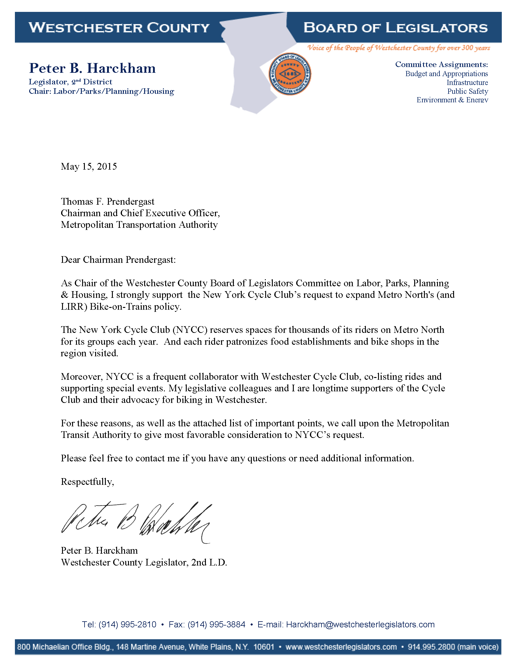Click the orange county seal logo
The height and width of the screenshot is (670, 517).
click(290, 74)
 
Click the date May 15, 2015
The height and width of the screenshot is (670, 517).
click(89, 166)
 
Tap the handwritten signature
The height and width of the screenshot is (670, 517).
click(136, 521)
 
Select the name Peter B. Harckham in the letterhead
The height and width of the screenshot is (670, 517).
click(92, 68)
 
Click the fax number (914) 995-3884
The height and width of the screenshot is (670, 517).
click(217, 624)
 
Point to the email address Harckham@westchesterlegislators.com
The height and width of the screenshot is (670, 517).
click(360, 624)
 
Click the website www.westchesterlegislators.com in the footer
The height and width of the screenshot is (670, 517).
click(341, 647)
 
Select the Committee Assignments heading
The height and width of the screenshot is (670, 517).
click(441, 65)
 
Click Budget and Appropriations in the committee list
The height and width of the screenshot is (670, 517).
click(446, 74)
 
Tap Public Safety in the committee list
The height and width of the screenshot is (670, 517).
click(467, 91)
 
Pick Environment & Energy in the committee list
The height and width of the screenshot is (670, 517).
click(452, 100)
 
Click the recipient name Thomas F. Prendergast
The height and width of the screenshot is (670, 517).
click(107, 202)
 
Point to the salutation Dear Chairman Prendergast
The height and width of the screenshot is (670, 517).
click(118, 260)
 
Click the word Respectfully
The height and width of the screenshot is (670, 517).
click(87, 482)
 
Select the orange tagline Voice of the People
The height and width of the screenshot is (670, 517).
click(398, 48)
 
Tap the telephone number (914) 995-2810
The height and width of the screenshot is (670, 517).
click(127, 624)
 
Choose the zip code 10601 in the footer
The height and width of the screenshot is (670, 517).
click(264, 647)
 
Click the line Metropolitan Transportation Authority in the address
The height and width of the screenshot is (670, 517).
click(139, 225)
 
